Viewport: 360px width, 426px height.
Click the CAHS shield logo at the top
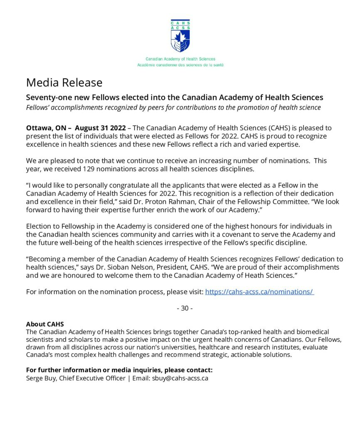(180, 35)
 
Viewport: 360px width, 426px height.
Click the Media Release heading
(64, 82)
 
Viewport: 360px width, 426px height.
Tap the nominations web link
(259, 292)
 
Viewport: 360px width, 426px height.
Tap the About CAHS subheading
(45, 324)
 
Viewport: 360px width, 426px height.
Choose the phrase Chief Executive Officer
(92, 378)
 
